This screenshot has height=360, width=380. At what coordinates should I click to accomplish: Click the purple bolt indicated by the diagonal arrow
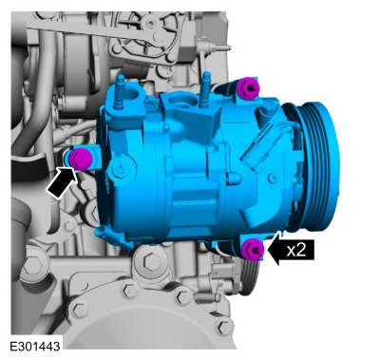coord(80,158)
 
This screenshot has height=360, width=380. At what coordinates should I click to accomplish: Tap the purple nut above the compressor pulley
coord(248,87)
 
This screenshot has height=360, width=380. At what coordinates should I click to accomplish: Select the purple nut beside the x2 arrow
coord(252,249)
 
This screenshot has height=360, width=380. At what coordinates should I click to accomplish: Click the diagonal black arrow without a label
coord(63,182)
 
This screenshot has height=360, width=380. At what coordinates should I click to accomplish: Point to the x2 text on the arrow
coord(296,250)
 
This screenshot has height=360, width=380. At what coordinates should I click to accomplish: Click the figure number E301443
coord(34,346)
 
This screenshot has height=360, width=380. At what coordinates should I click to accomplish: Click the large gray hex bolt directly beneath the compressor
coord(150,260)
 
